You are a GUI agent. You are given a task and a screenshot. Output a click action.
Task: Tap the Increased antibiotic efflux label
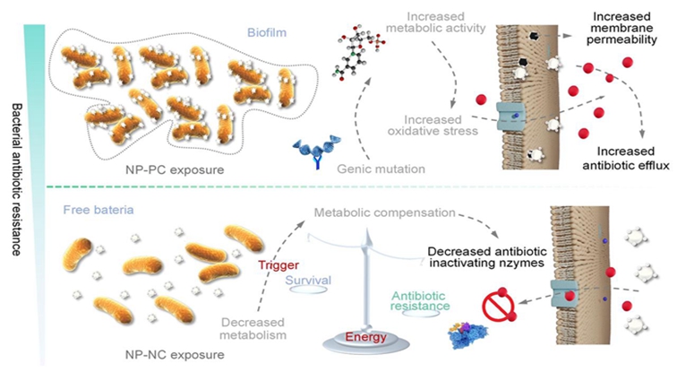[620, 160]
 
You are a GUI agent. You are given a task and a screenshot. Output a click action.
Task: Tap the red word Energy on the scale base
[367, 337]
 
